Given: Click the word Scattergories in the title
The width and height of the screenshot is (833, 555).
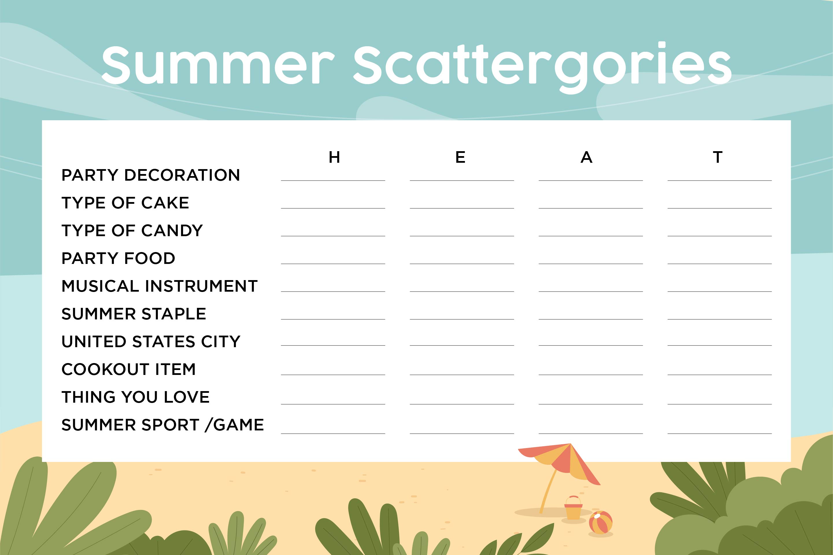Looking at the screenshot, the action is (x=543, y=67).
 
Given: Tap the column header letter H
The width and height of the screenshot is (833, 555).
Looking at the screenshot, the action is (x=334, y=157).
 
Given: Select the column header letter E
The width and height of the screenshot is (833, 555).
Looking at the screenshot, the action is (x=460, y=157).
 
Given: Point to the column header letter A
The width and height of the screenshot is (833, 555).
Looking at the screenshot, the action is (x=587, y=157).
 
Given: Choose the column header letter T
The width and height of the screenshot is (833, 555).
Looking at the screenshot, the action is (x=718, y=157).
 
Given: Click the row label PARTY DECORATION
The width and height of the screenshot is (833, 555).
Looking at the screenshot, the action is (x=151, y=175).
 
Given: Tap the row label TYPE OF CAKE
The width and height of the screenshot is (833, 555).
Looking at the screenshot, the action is (x=125, y=203).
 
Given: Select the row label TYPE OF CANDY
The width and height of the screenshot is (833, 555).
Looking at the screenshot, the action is (x=132, y=230).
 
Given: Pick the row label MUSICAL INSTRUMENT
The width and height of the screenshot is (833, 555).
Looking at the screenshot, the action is (x=159, y=286).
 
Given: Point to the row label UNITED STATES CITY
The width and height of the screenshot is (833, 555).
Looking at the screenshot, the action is (x=151, y=342).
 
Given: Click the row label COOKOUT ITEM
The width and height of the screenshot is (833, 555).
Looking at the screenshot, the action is (x=128, y=369).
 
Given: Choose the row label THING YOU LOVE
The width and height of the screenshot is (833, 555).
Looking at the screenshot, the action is (x=136, y=397).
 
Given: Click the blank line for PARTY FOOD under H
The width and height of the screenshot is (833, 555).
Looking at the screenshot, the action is (x=333, y=264).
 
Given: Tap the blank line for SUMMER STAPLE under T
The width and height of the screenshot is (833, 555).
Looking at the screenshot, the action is (x=720, y=319).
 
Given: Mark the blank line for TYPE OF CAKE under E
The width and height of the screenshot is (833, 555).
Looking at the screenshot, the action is (x=462, y=208).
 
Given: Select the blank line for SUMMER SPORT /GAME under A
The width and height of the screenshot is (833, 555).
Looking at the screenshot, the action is (x=591, y=433).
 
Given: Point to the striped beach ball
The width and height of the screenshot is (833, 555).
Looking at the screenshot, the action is (x=601, y=522).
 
